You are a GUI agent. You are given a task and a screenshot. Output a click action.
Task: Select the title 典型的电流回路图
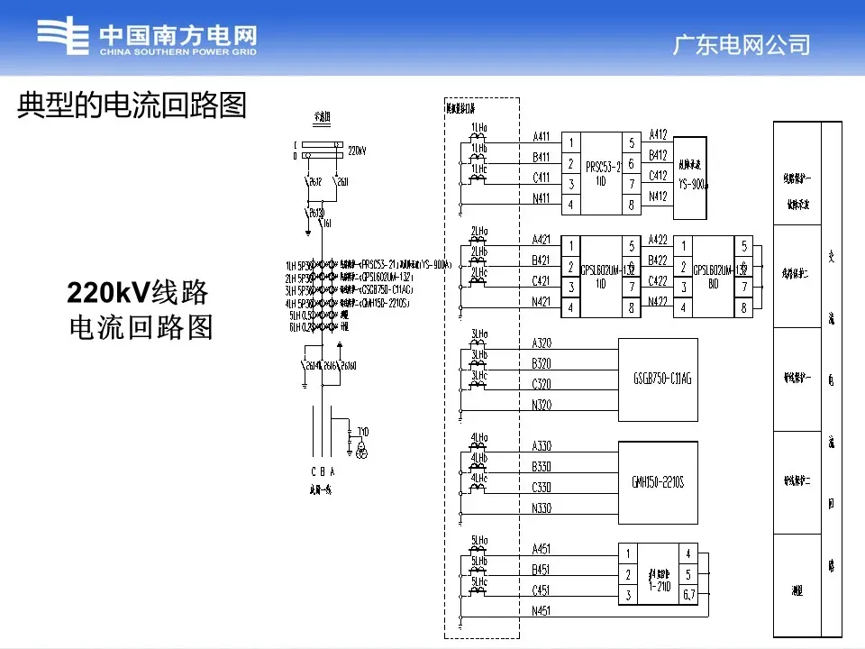pyautogui.click(x=132, y=106)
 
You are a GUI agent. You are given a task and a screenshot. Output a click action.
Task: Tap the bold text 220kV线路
pyautogui.click(x=138, y=293)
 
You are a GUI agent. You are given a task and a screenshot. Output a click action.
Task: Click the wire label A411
pyautogui.click(x=542, y=137)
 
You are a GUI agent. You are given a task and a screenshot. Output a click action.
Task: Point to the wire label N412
pyautogui.click(x=658, y=196)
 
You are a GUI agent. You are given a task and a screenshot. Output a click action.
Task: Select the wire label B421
pyautogui.click(x=542, y=261)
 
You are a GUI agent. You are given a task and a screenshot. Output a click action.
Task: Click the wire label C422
pyautogui.click(x=658, y=280)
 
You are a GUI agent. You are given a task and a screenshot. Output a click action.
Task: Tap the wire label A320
pyautogui.click(x=542, y=343)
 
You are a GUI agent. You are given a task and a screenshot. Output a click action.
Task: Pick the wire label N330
pyautogui.click(x=542, y=508)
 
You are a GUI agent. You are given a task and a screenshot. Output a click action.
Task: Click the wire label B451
pyautogui.click(x=542, y=570)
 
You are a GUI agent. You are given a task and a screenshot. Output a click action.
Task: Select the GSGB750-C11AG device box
pyautogui.click(x=658, y=379)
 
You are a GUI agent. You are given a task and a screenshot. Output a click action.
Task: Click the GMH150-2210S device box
pyautogui.click(x=658, y=482)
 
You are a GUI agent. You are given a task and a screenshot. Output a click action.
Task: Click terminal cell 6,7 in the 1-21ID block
pyautogui.click(x=688, y=594)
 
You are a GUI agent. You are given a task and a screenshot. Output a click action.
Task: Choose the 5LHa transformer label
pyautogui.click(x=479, y=542)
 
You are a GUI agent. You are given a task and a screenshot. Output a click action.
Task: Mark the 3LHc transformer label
pyautogui.click(x=479, y=375)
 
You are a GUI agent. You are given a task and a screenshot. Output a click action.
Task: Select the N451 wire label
pyautogui.click(x=542, y=611)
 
